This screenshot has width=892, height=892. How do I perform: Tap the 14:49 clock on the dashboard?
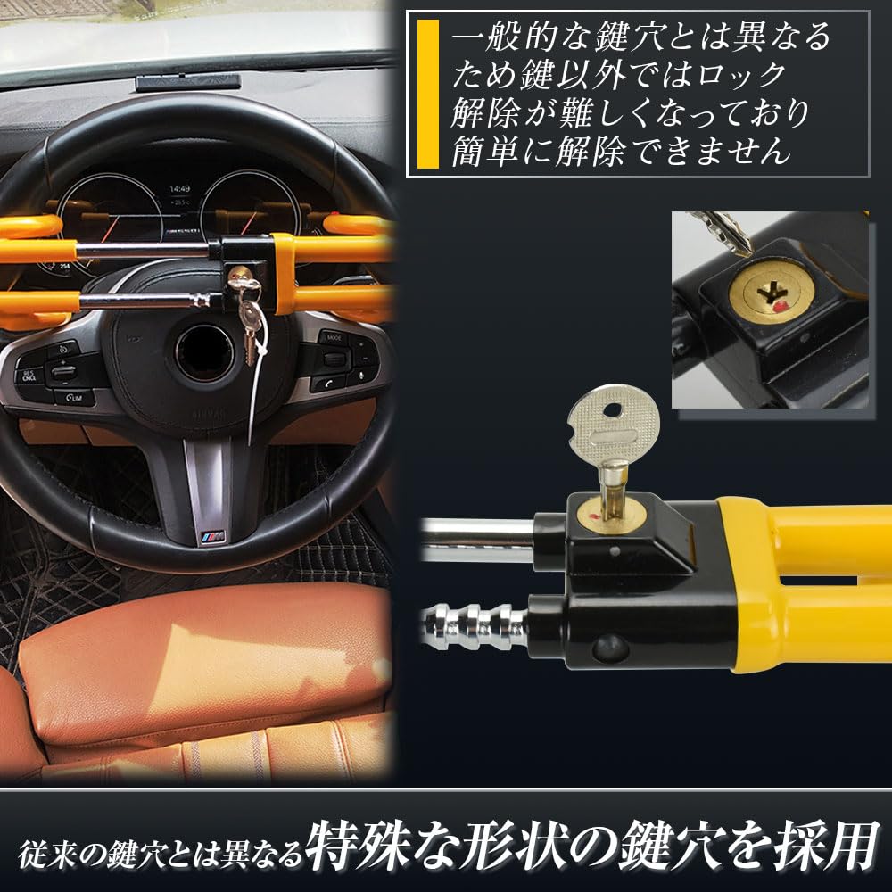[x=180, y=189]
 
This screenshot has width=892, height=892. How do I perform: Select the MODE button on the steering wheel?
[x=334, y=337]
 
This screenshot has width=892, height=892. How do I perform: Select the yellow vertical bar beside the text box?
[x=428, y=94]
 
